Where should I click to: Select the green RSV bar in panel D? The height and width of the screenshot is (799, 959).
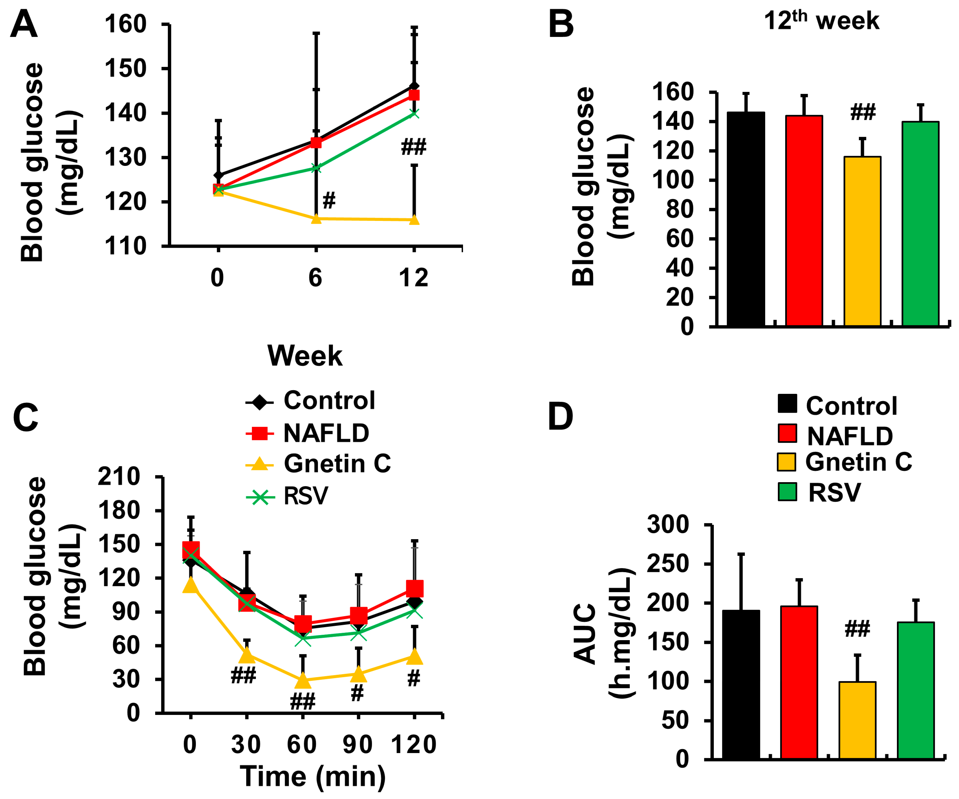point(916,690)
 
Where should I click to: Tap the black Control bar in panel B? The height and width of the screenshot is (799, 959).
point(746,219)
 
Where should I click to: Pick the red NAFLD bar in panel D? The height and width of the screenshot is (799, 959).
point(799,682)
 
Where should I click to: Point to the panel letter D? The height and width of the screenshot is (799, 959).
point(560,416)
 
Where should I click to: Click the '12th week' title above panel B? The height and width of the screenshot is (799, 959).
point(821,21)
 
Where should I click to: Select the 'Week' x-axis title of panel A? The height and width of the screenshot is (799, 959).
point(305,356)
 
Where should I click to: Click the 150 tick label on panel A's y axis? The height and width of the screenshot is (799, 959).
point(126,69)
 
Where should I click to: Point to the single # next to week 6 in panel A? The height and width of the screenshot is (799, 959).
point(329,200)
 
